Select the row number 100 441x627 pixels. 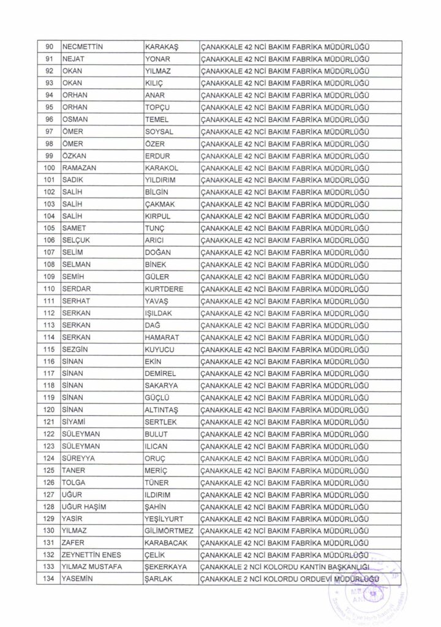click(50, 167)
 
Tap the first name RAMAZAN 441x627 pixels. click(79, 167)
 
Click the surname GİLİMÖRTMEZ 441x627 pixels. click(168, 530)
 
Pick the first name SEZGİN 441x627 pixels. click(76, 349)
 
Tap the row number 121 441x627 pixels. click(50, 421)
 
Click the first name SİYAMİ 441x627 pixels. click(75, 421)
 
